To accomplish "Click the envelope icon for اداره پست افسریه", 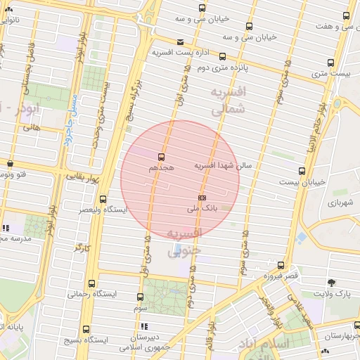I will coord(181,42).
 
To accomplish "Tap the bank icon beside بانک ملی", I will coord(202,198).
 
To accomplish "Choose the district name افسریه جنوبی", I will coord(185,240).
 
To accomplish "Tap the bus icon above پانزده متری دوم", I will coord(223,57).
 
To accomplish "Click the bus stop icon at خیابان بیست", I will coord(302,171).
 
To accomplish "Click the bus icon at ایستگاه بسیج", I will coord(86,328).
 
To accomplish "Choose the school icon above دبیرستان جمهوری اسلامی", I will coord(145,326).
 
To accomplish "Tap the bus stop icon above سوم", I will coord(141,297).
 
